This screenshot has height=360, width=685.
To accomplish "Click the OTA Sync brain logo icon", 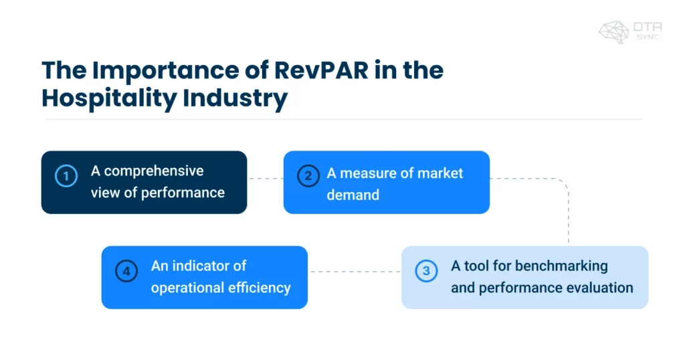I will (x=613, y=31).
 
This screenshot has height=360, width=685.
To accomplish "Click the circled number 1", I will (x=66, y=177).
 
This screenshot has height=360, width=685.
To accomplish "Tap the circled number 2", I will (x=308, y=177).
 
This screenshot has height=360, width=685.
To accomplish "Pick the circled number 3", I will (x=425, y=271).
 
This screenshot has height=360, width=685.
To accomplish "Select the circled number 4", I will (x=126, y=271).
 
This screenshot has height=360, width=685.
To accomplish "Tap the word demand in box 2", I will (x=353, y=195).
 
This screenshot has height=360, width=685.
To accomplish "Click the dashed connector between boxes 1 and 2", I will (x=265, y=179).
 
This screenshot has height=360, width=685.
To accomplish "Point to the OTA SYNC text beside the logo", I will (x=648, y=31).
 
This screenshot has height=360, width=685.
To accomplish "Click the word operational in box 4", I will (x=185, y=288).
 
